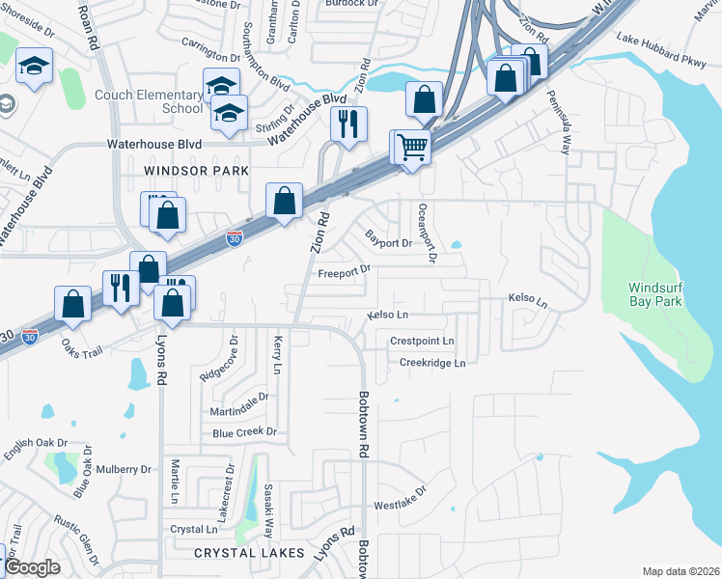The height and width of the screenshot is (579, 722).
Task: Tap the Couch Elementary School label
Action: click(149, 101)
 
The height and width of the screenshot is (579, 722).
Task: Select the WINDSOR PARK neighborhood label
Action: click(189, 170)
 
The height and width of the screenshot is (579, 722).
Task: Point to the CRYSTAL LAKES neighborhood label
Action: click(249, 553)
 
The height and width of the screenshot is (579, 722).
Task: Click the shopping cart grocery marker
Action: click(412, 148)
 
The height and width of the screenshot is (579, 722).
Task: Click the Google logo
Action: click(33, 567)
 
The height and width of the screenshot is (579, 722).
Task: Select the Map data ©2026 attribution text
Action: click(680, 571)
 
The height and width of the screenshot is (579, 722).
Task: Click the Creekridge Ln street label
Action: click(432, 363)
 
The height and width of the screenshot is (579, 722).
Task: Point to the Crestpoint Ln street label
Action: click(422, 341)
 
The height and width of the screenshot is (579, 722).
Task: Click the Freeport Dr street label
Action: click(345, 271)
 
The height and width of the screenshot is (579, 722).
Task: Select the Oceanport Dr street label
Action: click(426, 233)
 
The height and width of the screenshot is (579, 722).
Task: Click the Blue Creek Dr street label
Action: click(244, 432)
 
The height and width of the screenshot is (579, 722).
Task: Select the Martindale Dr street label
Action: click(239, 405)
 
